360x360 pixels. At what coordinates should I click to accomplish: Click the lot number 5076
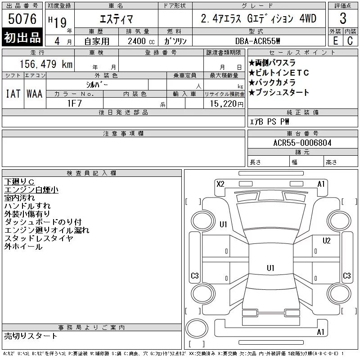(x=22, y=19)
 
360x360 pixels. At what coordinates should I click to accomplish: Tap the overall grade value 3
(x=343, y=18)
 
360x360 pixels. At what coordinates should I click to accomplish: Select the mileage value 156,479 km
(x=46, y=64)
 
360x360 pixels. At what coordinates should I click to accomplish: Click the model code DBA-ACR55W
(x=257, y=41)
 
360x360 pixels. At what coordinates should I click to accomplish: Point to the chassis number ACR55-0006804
(x=302, y=143)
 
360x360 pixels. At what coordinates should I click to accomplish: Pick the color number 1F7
(x=75, y=103)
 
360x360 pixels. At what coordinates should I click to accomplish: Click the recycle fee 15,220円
(x=226, y=104)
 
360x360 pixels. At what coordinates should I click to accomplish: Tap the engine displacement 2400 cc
(x=141, y=41)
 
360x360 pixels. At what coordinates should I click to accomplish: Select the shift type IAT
(x=13, y=94)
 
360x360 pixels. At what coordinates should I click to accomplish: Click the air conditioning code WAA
(x=35, y=94)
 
